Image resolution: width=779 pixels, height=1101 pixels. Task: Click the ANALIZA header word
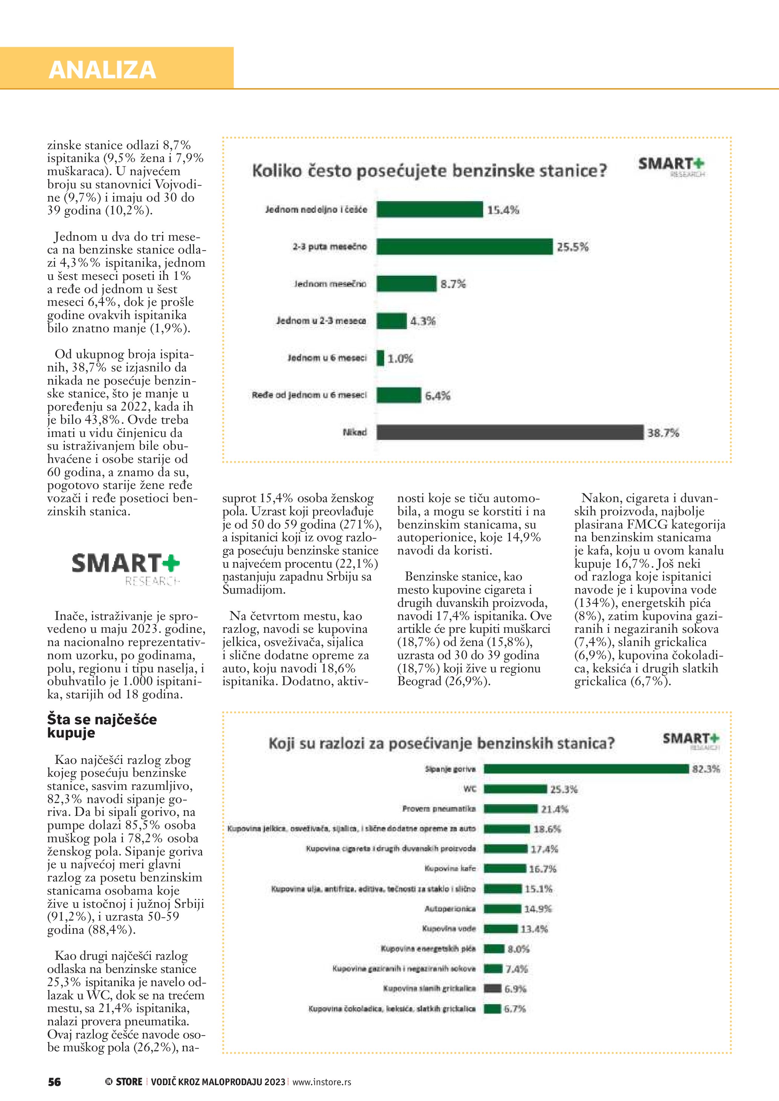[x=102, y=70]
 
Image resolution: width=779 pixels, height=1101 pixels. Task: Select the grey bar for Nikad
[x=510, y=432]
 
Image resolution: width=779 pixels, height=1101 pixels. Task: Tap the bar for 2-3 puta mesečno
[x=464, y=246]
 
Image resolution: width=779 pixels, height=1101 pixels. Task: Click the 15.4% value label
[x=503, y=210]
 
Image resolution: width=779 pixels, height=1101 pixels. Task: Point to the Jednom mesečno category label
[x=330, y=284]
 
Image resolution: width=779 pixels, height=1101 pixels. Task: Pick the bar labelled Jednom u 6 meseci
[x=380, y=358]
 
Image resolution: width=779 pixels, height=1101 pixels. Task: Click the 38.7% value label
[x=663, y=433]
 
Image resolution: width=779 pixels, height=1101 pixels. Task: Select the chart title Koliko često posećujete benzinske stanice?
[x=429, y=171]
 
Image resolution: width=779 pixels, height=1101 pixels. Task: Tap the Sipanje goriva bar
[x=586, y=769]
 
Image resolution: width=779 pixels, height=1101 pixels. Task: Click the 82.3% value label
[x=706, y=769]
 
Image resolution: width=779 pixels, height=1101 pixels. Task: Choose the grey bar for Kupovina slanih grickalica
[x=492, y=988]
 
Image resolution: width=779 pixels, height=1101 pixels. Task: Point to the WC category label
[x=470, y=789]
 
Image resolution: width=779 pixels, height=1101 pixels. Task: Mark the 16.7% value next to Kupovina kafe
[x=543, y=869]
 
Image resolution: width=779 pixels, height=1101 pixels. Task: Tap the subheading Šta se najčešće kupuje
[x=102, y=725]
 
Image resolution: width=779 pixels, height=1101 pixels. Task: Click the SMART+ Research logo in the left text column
[x=125, y=569]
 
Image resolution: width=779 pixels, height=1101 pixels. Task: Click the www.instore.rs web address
[x=321, y=1082]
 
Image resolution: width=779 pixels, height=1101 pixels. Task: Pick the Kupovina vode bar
[x=500, y=928]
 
